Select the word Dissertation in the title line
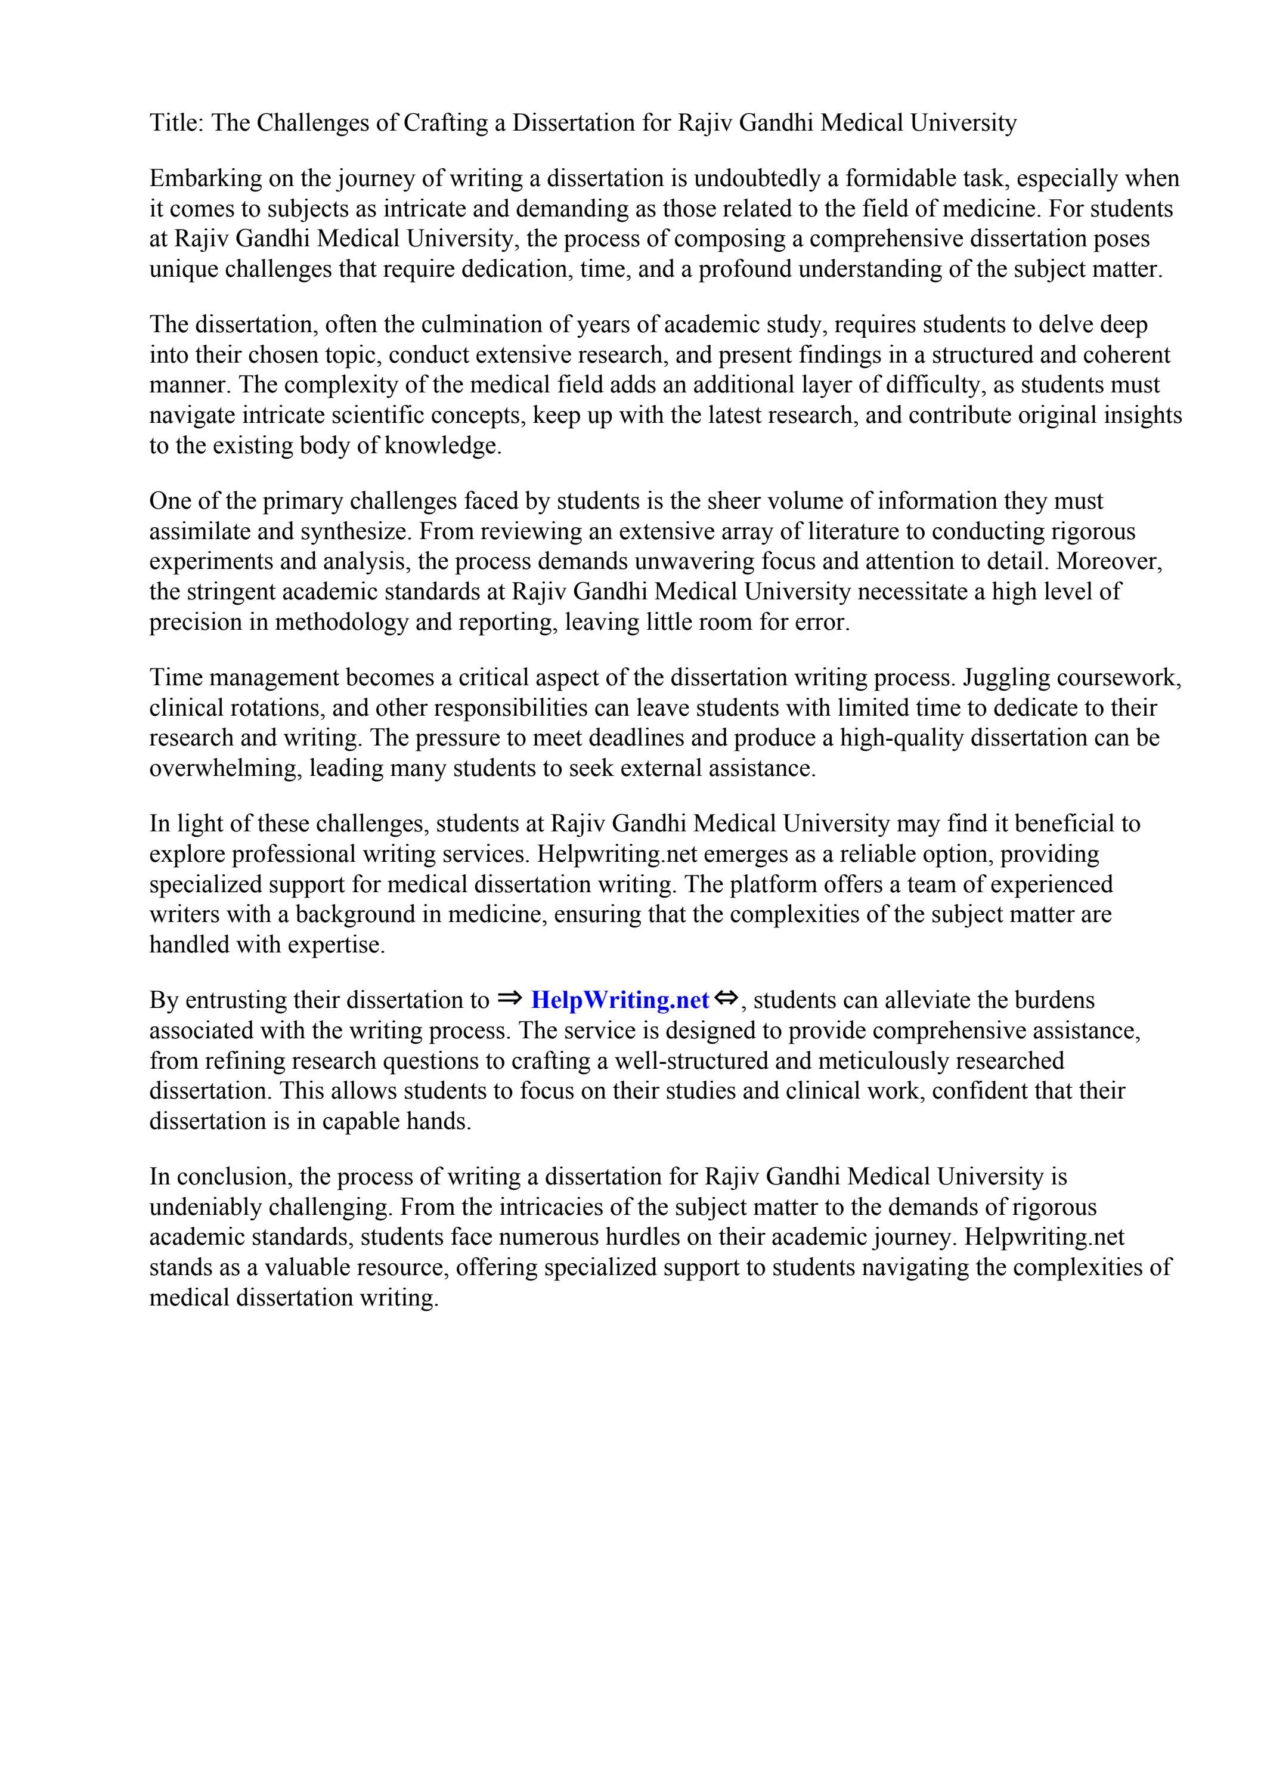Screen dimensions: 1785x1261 click(x=572, y=123)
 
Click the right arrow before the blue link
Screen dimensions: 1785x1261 click(x=509, y=998)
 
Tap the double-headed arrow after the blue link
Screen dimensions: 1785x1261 click(x=726, y=998)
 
